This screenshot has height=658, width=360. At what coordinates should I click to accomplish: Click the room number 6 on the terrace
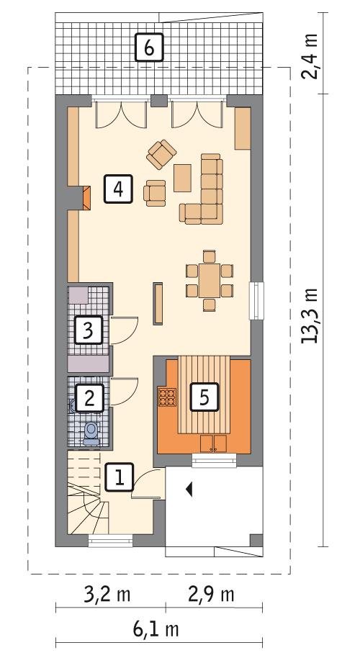point(148,48)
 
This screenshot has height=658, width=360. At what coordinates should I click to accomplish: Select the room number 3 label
point(88,330)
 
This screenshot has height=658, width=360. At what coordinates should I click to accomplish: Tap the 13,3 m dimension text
point(311,316)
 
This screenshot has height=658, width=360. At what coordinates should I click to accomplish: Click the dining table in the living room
point(210,279)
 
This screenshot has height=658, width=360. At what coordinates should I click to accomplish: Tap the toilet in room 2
point(91,431)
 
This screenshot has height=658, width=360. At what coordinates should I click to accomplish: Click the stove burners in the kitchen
point(167,397)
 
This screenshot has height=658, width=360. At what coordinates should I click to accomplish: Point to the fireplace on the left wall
point(86,198)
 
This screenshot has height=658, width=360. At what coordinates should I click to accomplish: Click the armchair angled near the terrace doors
point(161,153)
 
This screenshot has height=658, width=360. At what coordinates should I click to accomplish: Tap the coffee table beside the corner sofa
point(183,177)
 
